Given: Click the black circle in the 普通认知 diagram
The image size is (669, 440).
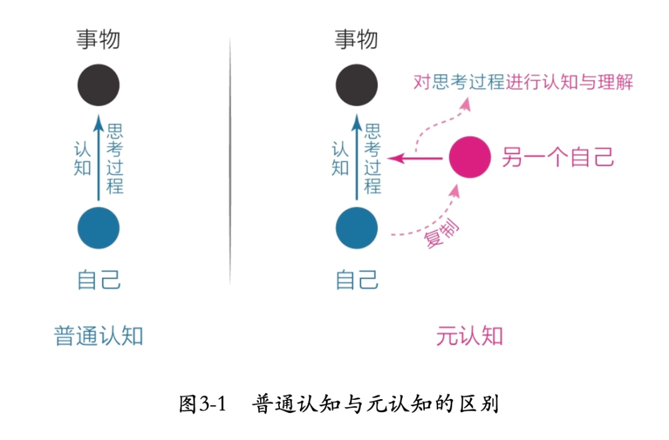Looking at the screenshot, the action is click(98, 85).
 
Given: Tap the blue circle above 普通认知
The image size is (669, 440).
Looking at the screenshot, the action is click(98, 228).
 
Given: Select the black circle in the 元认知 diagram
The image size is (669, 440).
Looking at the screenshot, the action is click(357, 85).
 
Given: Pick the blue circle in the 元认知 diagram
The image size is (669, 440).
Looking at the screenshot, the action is click(357, 228).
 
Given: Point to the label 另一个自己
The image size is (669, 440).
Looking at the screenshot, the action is click(557, 158).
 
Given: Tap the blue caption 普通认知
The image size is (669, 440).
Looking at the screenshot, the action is click(99, 336).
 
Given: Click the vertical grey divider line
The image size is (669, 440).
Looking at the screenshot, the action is click(230, 161).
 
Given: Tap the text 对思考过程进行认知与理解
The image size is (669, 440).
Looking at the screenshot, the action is click(523, 82).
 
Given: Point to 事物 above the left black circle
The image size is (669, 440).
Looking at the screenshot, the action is click(98, 40).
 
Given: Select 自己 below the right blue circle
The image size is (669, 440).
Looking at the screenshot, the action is click(357, 280).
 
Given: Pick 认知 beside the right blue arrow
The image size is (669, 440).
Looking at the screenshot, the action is click(340, 159).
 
